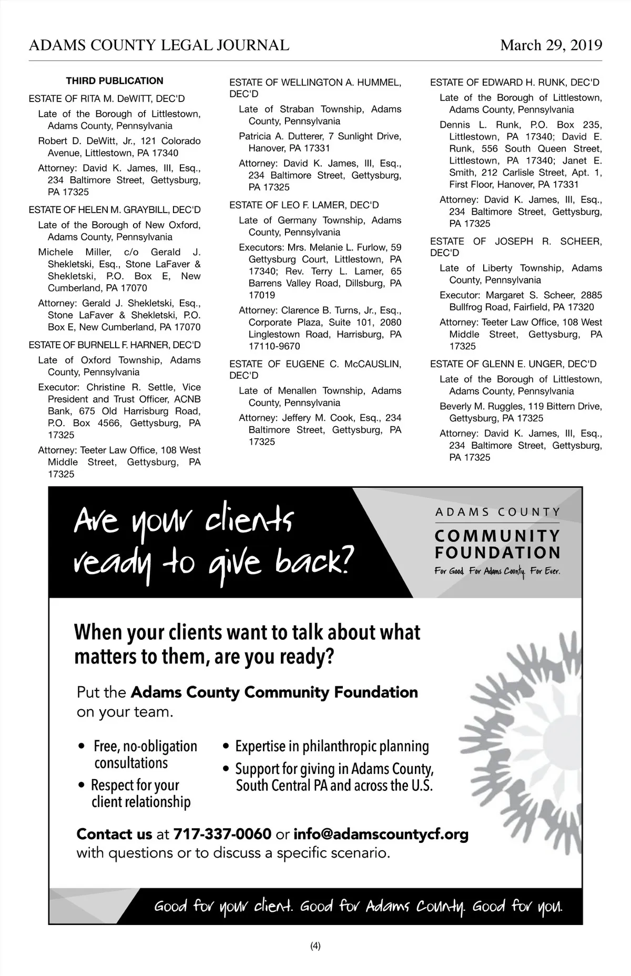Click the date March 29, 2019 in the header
[551, 45]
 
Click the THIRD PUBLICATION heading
[115, 81]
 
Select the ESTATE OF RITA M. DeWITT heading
[107, 99]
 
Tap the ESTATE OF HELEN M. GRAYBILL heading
[115, 210]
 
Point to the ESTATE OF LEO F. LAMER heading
[304, 205]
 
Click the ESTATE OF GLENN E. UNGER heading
[513, 364]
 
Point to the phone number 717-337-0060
[222, 834]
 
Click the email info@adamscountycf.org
[381, 834]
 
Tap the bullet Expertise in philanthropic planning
[332, 746]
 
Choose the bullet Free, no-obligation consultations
[145, 754]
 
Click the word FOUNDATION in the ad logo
[497, 553]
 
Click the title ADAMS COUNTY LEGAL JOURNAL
[159, 45]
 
